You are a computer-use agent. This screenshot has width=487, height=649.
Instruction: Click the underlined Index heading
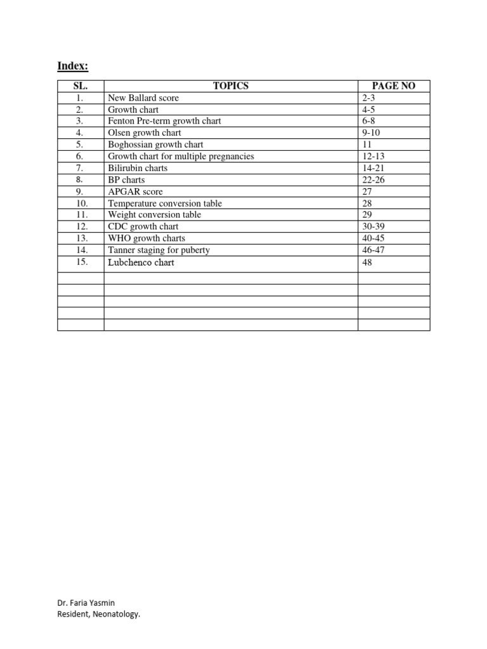point(73,66)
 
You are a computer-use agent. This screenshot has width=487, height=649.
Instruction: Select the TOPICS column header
point(231,86)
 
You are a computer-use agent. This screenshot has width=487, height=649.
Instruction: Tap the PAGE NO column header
point(394,86)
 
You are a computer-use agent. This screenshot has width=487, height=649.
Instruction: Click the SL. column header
point(80,86)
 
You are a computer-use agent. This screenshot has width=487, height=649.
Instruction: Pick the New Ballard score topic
point(143,98)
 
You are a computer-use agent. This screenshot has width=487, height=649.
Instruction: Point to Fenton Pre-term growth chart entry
point(164,121)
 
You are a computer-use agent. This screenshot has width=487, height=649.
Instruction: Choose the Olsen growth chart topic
point(145,132)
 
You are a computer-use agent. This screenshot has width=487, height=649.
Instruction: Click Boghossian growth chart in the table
point(156,145)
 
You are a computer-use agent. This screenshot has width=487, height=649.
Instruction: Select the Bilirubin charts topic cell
point(138,168)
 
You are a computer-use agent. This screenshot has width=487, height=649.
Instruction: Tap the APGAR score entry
point(136,191)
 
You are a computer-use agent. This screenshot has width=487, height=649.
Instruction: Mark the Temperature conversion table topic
point(165,203)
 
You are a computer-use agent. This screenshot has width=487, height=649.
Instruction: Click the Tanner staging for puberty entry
point(159,250)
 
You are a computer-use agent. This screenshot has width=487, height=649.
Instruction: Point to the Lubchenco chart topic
point(141,262)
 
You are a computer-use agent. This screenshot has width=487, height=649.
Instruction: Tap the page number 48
point(368,262)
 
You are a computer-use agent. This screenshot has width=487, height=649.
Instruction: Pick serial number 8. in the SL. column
point(80,180)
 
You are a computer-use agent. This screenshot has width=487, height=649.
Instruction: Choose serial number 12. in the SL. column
point(80,226)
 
